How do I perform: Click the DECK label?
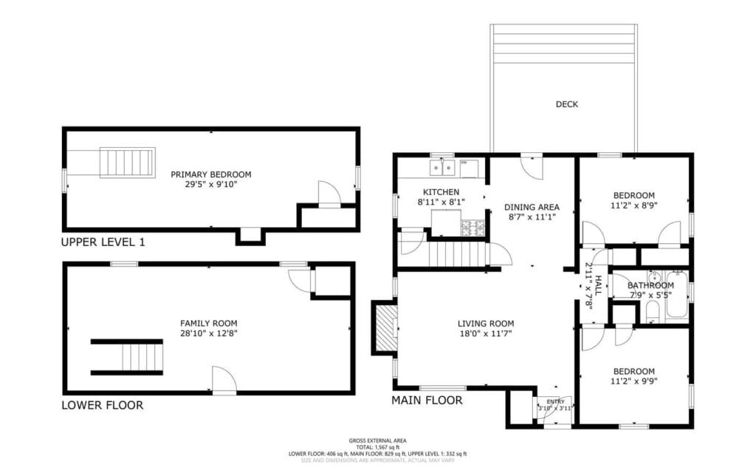[566, 104]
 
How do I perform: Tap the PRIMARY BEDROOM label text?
[210, 174]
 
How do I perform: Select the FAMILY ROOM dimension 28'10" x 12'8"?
[209, 333]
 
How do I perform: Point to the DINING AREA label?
[532, 207]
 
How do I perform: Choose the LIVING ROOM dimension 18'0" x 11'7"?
[485, 333]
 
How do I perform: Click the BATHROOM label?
[650, 285]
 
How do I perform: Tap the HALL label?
[598, 287]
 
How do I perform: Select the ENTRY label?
[555, 401]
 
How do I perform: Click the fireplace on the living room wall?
[385, 328]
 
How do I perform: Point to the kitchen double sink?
[443, 169]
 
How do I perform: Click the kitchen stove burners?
[472, 228]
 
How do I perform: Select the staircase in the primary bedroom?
[127, 163]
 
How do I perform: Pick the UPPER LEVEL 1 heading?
[103, 242]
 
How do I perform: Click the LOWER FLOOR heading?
[102, 405]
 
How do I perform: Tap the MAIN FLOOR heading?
[427, 401]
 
